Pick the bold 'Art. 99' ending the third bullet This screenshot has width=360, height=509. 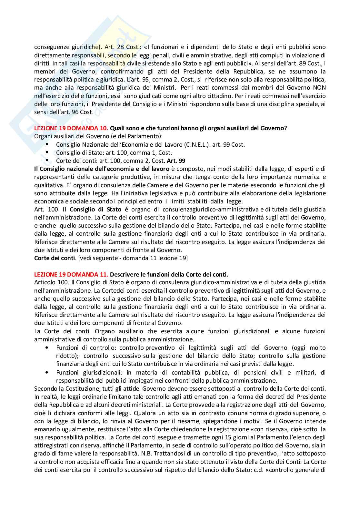(x=176, y=161)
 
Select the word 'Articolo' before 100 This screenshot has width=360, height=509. (x=44, y=283)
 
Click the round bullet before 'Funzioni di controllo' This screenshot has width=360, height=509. (x=48, y=348)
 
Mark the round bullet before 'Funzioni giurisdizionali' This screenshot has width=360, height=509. (x=48, y=372)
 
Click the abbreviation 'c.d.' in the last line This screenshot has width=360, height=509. (x=257, y=478)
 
